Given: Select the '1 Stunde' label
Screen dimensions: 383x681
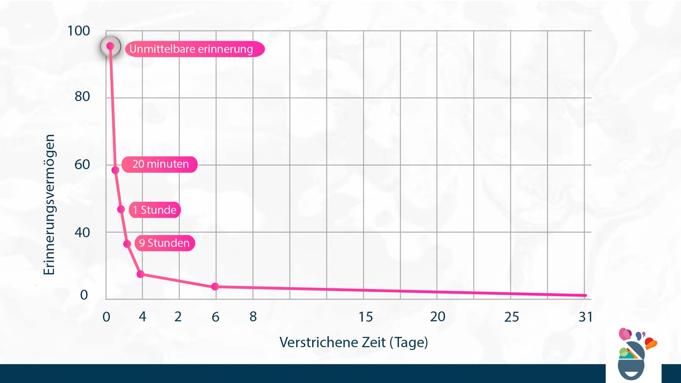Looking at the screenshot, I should click(155, 210).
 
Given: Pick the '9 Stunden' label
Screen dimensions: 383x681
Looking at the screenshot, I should click(165, 243).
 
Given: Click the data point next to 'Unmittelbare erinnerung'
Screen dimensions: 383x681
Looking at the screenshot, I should click(110, 46).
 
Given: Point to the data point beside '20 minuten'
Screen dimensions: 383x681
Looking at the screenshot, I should click(115, 170).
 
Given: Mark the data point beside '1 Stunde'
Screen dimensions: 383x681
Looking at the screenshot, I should click(121, 209).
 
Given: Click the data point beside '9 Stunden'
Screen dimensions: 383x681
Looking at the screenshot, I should click(127, 244).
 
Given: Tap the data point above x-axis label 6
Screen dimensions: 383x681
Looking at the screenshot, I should click(215, 287).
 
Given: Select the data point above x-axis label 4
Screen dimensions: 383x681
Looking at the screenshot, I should click(140, 274).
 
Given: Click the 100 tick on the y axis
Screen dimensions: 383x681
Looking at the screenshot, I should click(78, 31).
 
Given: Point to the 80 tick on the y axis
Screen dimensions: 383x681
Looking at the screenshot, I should click(82, 96).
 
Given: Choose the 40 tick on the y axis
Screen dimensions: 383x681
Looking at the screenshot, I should click(82, 233).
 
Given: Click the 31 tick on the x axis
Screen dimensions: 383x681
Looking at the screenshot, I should click(585, 317).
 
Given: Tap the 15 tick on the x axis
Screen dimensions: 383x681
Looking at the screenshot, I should click(366, 317).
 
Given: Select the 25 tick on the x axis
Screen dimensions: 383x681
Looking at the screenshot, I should click(511, 317).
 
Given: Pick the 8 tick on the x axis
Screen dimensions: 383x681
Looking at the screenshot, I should click(253, 317).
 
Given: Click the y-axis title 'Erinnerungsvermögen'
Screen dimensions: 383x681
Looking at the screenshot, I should click(49, 205).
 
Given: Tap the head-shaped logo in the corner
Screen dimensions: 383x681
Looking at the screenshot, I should click(633, 355).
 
